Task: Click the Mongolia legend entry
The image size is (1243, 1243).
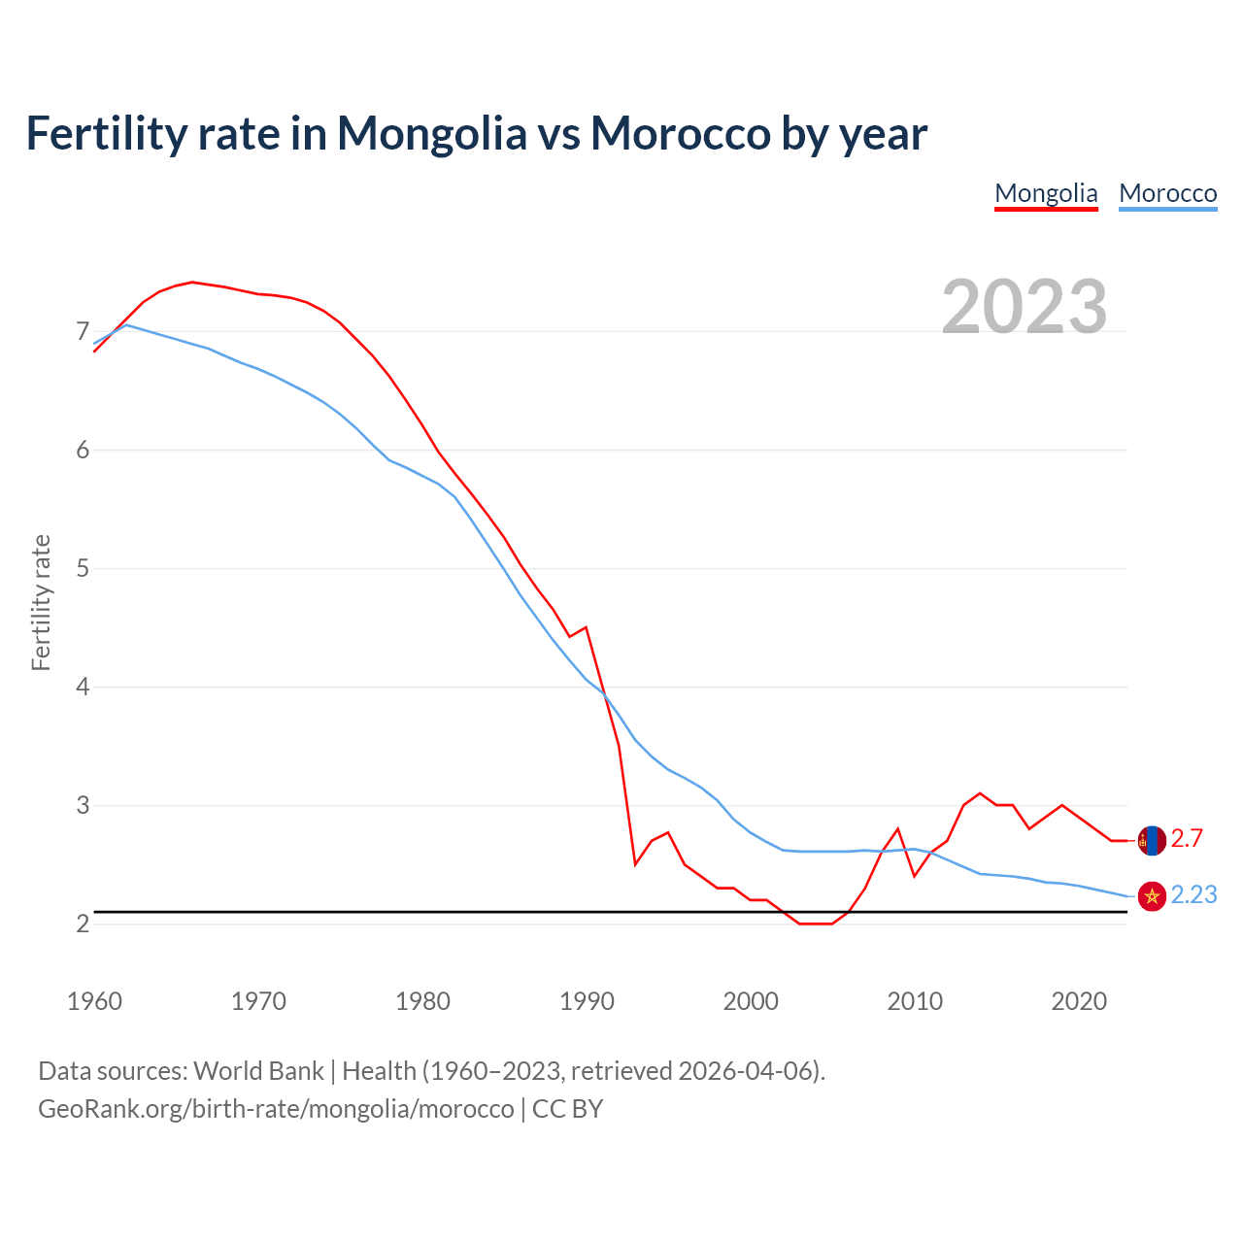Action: click(x=1046, y=193)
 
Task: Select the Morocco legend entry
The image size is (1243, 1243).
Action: click(x=1167, y=193)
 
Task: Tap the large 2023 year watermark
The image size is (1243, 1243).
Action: click(x=1024, y=307)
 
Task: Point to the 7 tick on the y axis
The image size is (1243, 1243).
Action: click(x=83, y=332)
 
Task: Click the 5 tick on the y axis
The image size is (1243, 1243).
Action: click(x=83, y=568)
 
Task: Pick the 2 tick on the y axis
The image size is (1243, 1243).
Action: click(x=83, y=924)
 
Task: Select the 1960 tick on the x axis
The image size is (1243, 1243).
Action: click(x=94, y=1001)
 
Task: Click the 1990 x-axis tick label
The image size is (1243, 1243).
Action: click(x=587, y=1001)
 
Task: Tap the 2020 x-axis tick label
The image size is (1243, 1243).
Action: click(x=1079, y=1001)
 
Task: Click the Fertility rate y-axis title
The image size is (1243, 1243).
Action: click(x=41, y=602)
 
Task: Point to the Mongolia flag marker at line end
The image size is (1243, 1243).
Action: click(x=1152, y=840)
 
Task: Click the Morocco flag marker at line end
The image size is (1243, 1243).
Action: click(x=1152, y=896)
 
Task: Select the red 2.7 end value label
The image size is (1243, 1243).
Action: click(x=1187, y=839)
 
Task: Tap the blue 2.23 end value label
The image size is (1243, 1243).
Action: click(x=1193, y=895)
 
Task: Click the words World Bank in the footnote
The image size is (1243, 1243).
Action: click(x=258, y=1071)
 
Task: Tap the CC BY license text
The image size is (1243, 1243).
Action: click(x=567, y=1109)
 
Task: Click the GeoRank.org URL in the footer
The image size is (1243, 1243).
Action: click(x=276, y=1109)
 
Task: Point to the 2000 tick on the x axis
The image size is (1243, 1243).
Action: click(x=751, y=1001)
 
